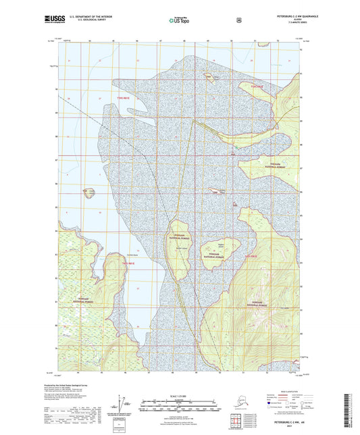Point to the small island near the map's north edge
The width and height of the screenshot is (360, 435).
pos(208,75)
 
